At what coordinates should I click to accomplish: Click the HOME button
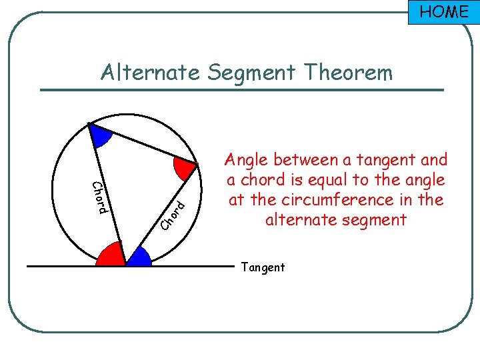(x=443, y=12)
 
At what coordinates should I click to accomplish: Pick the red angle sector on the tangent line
(x=112, y=255)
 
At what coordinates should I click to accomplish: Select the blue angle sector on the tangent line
(x=138, y=257)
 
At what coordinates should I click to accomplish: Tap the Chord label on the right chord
(x=173, y=213)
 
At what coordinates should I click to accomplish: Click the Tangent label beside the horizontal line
(x=263, y=267)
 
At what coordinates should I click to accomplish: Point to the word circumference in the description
(x=361, y=200)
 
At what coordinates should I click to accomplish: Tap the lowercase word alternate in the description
(x=301, y=220)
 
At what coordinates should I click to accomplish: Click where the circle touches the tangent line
(x=126, y=266)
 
